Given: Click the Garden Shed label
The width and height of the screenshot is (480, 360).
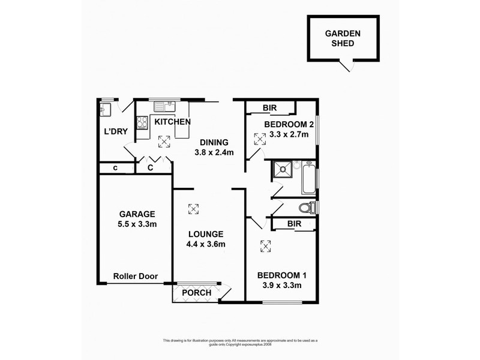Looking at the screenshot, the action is [x=343, y=38].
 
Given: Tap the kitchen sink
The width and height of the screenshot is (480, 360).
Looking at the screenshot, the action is [x=164, y=107].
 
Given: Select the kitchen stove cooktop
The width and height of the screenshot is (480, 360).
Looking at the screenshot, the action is [x=142, y=123].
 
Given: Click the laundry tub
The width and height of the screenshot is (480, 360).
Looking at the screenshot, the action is [x=106, y=109].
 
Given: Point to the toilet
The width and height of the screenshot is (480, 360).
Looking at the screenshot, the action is [x=307, y=208].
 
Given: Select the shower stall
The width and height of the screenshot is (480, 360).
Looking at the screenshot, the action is [x=281, y=169].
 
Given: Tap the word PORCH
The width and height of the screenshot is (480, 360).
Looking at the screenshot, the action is [x=197, y=293].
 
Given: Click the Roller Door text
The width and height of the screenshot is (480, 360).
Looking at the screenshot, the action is [x=136, y=276].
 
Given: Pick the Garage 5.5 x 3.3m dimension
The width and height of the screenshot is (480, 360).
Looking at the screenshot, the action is [x=137, y=224].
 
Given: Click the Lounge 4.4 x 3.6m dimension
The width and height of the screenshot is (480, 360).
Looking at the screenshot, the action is [x=206, y=244].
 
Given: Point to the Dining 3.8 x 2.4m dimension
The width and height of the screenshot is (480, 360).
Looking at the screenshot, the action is [x=214, y=152].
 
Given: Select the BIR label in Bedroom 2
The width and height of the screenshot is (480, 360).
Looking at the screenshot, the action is [x=269, y=108].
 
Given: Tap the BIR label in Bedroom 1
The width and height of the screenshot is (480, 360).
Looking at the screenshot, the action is [x=294, y=224].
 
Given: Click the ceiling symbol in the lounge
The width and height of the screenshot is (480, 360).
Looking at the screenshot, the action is [x=193, y=209].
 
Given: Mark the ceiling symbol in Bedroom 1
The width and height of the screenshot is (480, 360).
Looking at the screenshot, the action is [x=265, y=246].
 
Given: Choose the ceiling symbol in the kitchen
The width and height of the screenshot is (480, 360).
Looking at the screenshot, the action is [x=164, y=142].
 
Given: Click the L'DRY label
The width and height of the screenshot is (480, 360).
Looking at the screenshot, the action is [x=116, y=131].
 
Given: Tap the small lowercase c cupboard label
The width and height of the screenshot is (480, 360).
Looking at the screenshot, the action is [x=115, y=168].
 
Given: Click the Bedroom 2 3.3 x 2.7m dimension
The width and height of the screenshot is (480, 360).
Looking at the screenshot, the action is [x=289, y=134].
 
